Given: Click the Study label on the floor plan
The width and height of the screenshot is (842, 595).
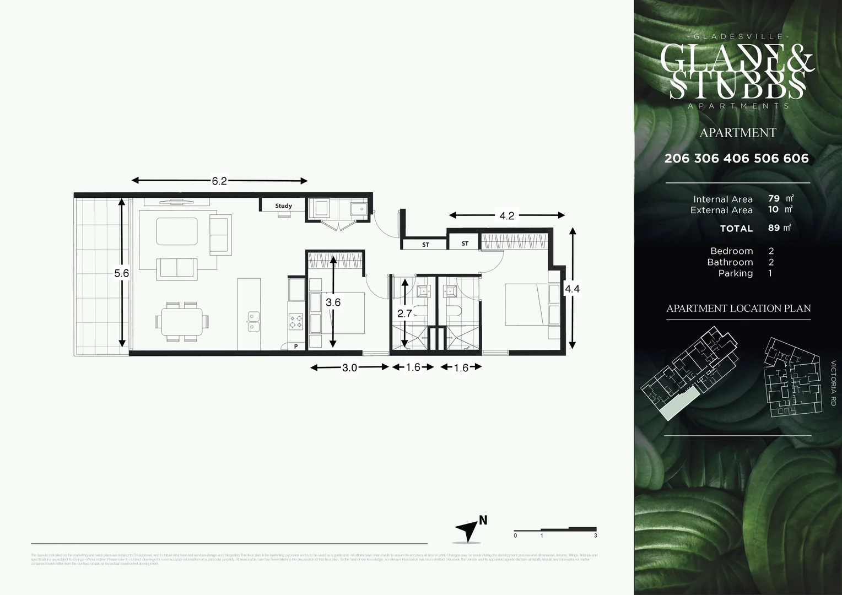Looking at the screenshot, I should (283, 206).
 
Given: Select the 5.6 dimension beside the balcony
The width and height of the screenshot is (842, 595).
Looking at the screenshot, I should (121, 273).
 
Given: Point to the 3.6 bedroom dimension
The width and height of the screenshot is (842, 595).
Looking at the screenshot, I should (333, 302).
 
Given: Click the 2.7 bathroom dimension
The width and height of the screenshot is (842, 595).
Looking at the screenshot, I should (404, 313).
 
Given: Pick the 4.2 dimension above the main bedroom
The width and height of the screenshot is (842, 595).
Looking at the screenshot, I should (506, 216).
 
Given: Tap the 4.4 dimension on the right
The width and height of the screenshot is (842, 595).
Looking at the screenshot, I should (572, 288).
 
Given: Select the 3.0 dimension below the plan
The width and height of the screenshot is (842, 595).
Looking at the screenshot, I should (349, 368).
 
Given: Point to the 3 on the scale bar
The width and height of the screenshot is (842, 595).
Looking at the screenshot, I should (596, 535).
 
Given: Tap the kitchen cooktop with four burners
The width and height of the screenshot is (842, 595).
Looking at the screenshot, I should (296, 321).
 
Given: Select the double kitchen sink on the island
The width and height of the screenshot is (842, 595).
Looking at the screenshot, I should (253, 321).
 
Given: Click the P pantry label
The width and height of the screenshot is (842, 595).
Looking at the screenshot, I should (296, 347).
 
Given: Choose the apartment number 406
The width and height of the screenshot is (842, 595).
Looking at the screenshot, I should (737, 159).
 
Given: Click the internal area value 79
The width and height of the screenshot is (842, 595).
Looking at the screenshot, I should (774, 198).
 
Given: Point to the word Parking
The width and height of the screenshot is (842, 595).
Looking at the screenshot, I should (735, 273).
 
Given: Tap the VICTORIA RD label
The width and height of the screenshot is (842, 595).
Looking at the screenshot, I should (833, 383).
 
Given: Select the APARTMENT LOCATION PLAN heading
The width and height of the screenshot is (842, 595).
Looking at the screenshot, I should (738, 309).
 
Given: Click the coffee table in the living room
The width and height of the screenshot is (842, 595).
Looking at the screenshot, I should (176, 231).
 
